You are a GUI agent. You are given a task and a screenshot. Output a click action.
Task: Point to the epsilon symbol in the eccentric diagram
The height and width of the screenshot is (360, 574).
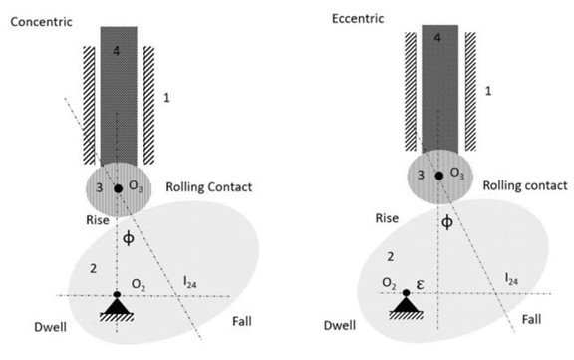tap(423, 284)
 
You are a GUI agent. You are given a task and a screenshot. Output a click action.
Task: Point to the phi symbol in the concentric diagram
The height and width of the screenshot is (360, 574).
tap(127, 239)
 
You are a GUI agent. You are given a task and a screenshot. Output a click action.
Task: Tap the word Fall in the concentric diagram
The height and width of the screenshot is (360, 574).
tap(244, 320)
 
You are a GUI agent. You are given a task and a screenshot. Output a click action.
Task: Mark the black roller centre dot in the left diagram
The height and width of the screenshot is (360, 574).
tap(118, 187)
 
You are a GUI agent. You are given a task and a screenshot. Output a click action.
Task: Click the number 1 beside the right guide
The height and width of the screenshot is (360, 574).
tap(488, 91)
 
